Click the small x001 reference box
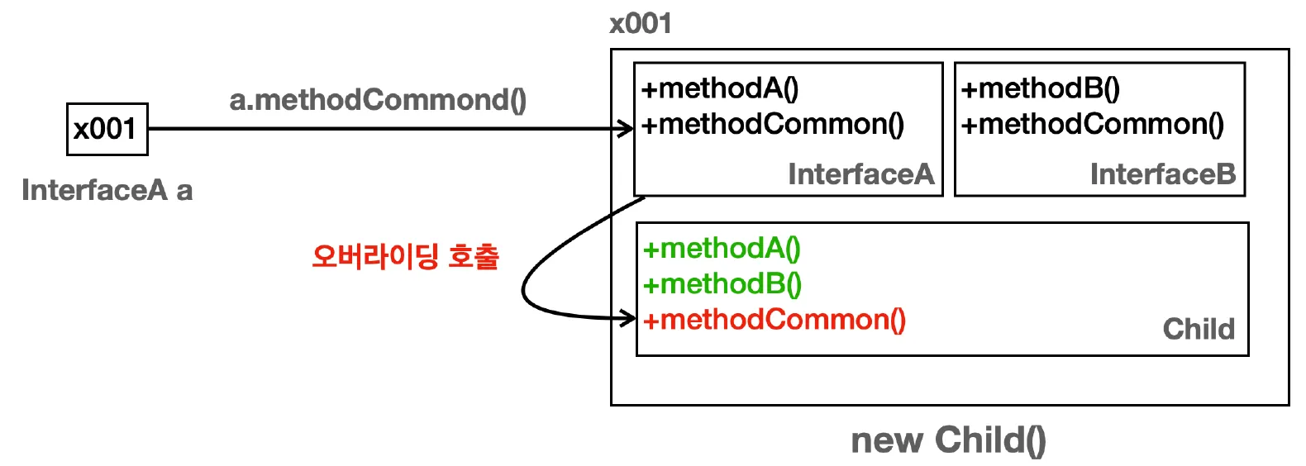tap(107, 129)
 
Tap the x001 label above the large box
tap(640, 23)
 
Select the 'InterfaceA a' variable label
tap(107, 190)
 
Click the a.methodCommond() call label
tap(378, 100)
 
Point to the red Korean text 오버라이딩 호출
tap(405, 256)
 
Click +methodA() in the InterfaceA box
tap(720, 88)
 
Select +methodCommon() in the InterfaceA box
tap(773, 124)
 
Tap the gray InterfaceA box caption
tap(860, 174)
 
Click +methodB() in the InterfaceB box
tap(1040, 88)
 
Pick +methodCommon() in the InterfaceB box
tap(1092, 124)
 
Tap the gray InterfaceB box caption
tap(1162, 174)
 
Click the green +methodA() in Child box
tap(722, 248)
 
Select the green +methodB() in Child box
tap(722, 283)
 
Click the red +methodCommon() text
tap(775, 320)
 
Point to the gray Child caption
tap(1198, 329)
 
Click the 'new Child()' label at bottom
tap(948, 440)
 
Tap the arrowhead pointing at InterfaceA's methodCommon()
tap(628, 129)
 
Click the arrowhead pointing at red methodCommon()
tap(630, 318)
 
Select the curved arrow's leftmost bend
tap(524, 291)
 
